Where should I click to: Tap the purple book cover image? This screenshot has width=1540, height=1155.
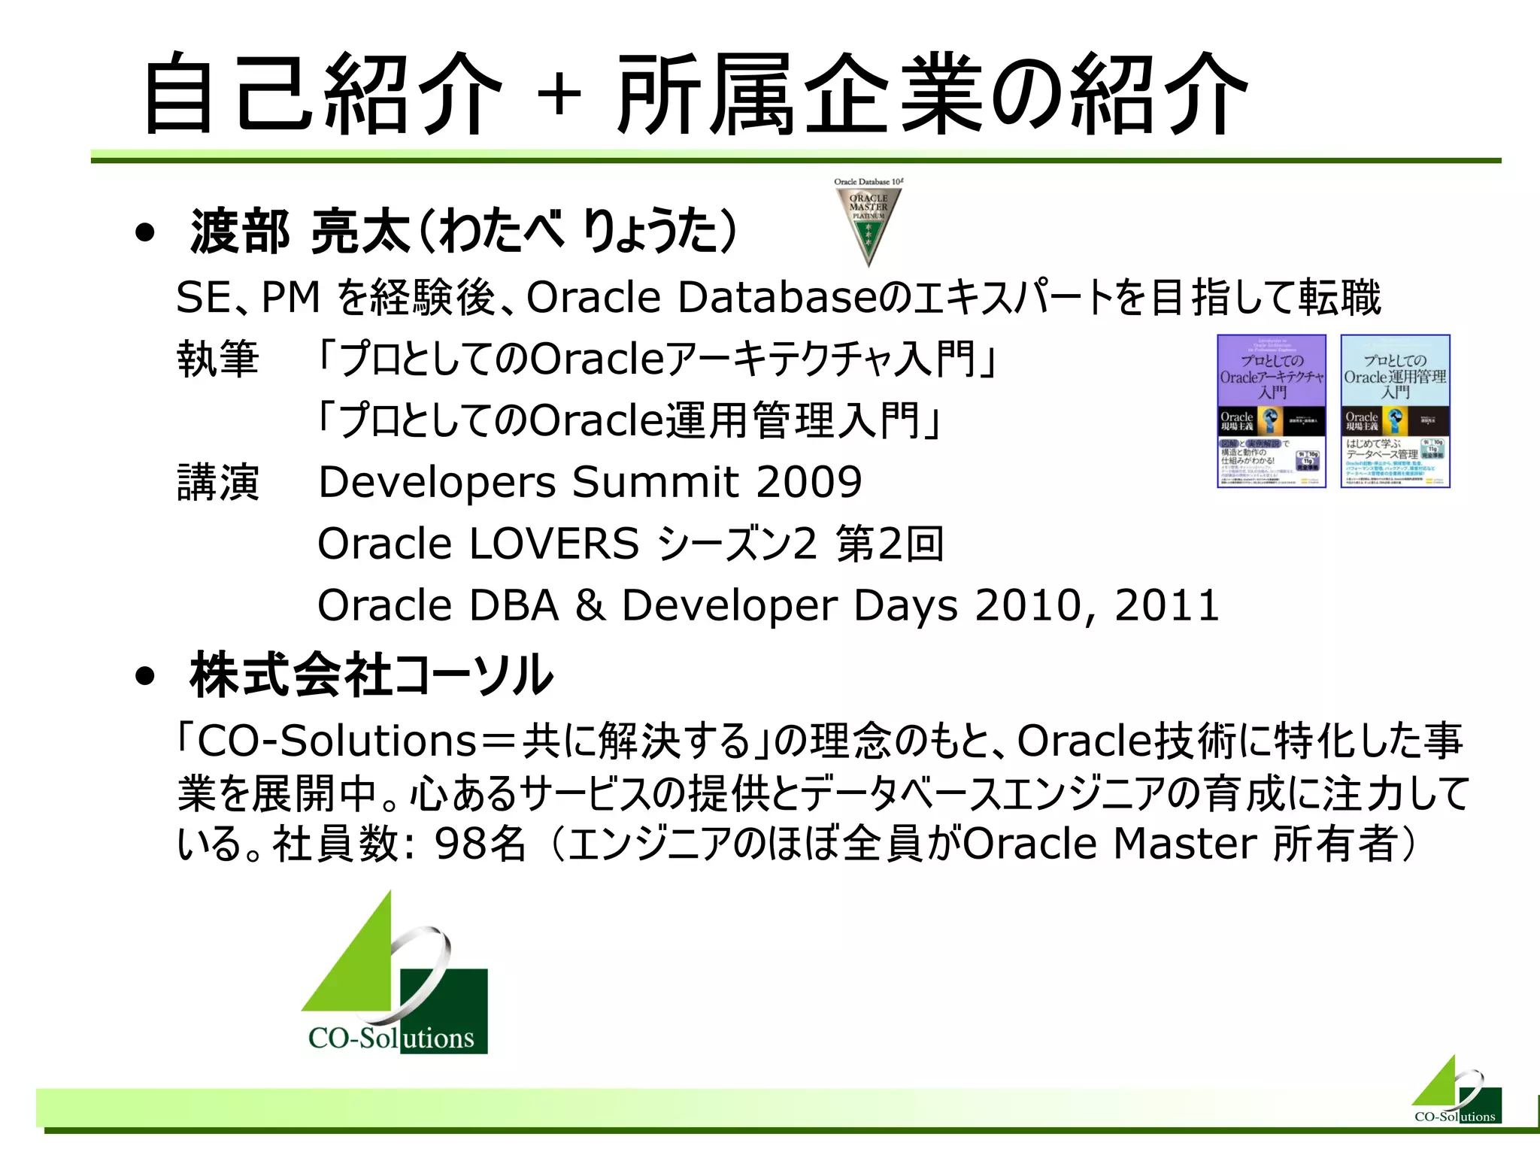1272,411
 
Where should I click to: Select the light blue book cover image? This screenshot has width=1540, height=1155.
1395,411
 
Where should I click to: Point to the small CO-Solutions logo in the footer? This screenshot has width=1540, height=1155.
1457,1092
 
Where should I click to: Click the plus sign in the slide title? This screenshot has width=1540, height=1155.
559,95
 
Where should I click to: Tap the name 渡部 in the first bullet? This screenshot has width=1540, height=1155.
240,232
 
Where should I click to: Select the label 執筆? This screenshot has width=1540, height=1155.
218,359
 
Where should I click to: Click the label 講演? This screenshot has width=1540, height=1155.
218,482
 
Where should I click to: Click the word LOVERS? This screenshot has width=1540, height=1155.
553,544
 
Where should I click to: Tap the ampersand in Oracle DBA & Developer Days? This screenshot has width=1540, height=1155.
590,605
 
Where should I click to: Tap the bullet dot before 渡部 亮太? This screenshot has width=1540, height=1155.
145,233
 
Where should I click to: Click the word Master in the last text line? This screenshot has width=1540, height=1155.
1184,844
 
